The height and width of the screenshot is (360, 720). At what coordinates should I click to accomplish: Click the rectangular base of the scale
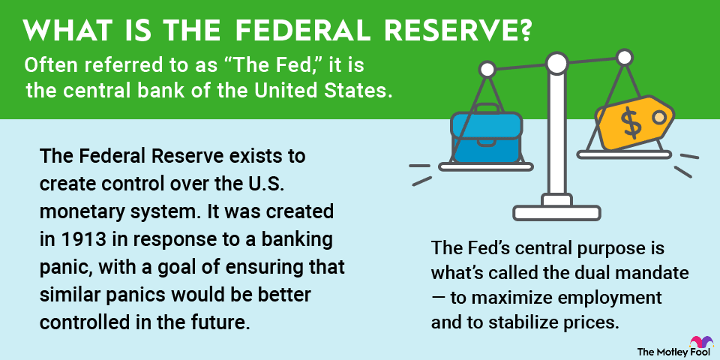click(556, 212)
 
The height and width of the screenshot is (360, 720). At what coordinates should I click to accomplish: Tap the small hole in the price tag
click(659, 117)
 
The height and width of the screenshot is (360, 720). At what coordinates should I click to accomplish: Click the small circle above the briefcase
click(487, 70)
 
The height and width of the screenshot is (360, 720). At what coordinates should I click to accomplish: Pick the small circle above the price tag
click(625, 58)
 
